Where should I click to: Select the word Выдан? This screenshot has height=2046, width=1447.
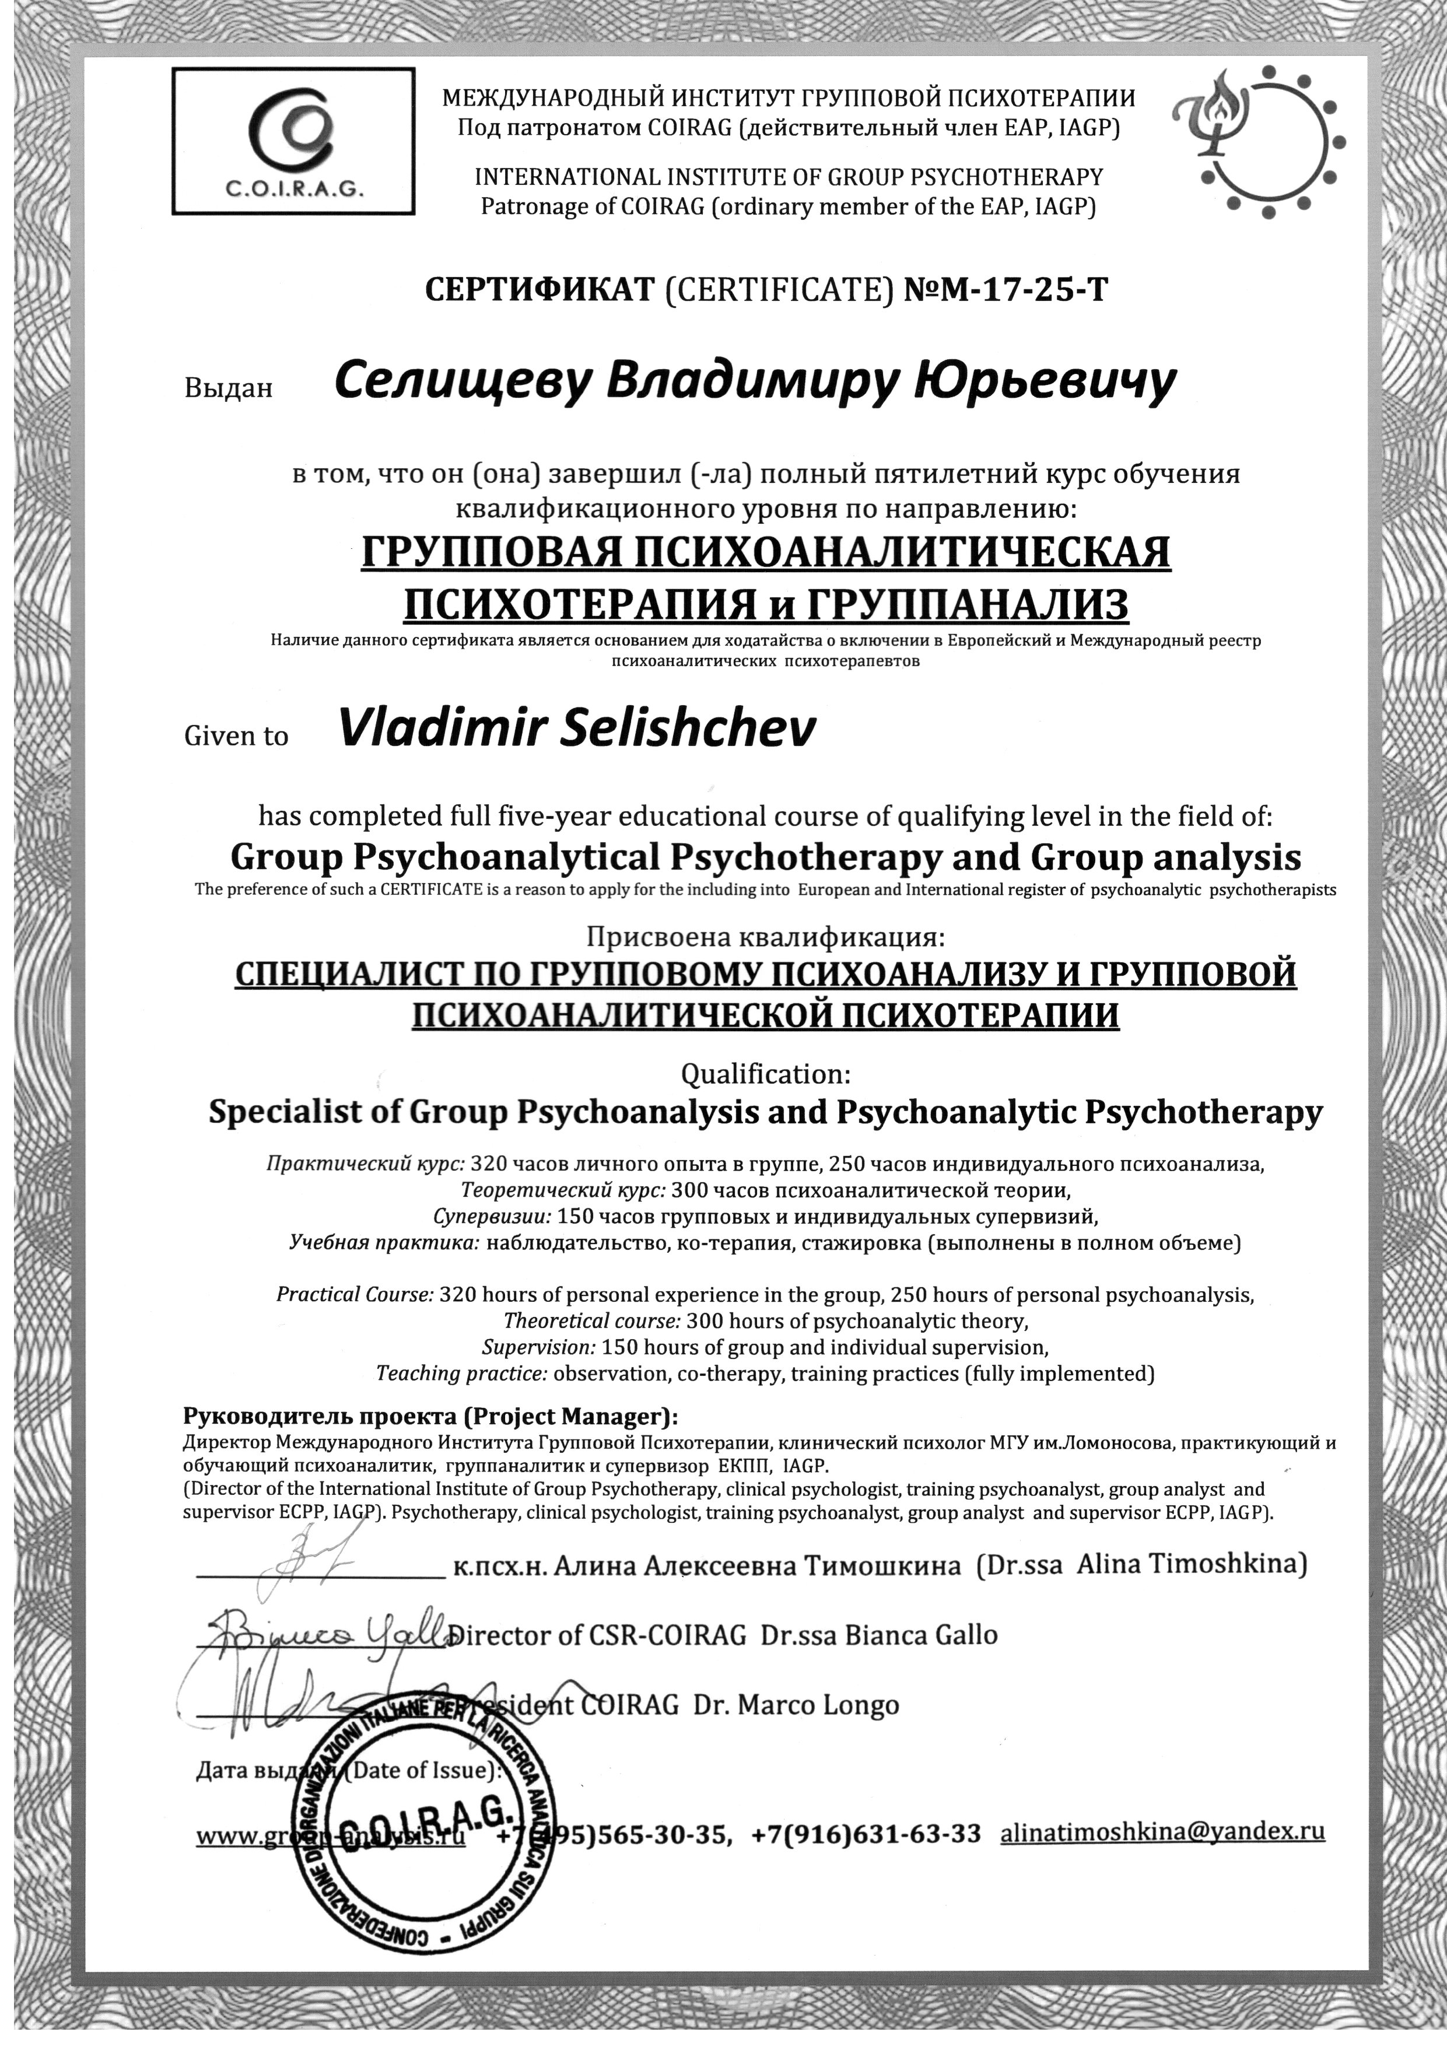click(227, 388)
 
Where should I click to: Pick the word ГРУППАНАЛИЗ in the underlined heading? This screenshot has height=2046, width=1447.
click(968, 604)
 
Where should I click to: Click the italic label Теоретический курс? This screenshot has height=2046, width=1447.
click(563, 1190)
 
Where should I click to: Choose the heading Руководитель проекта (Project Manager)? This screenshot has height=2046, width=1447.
click(429, 1417)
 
